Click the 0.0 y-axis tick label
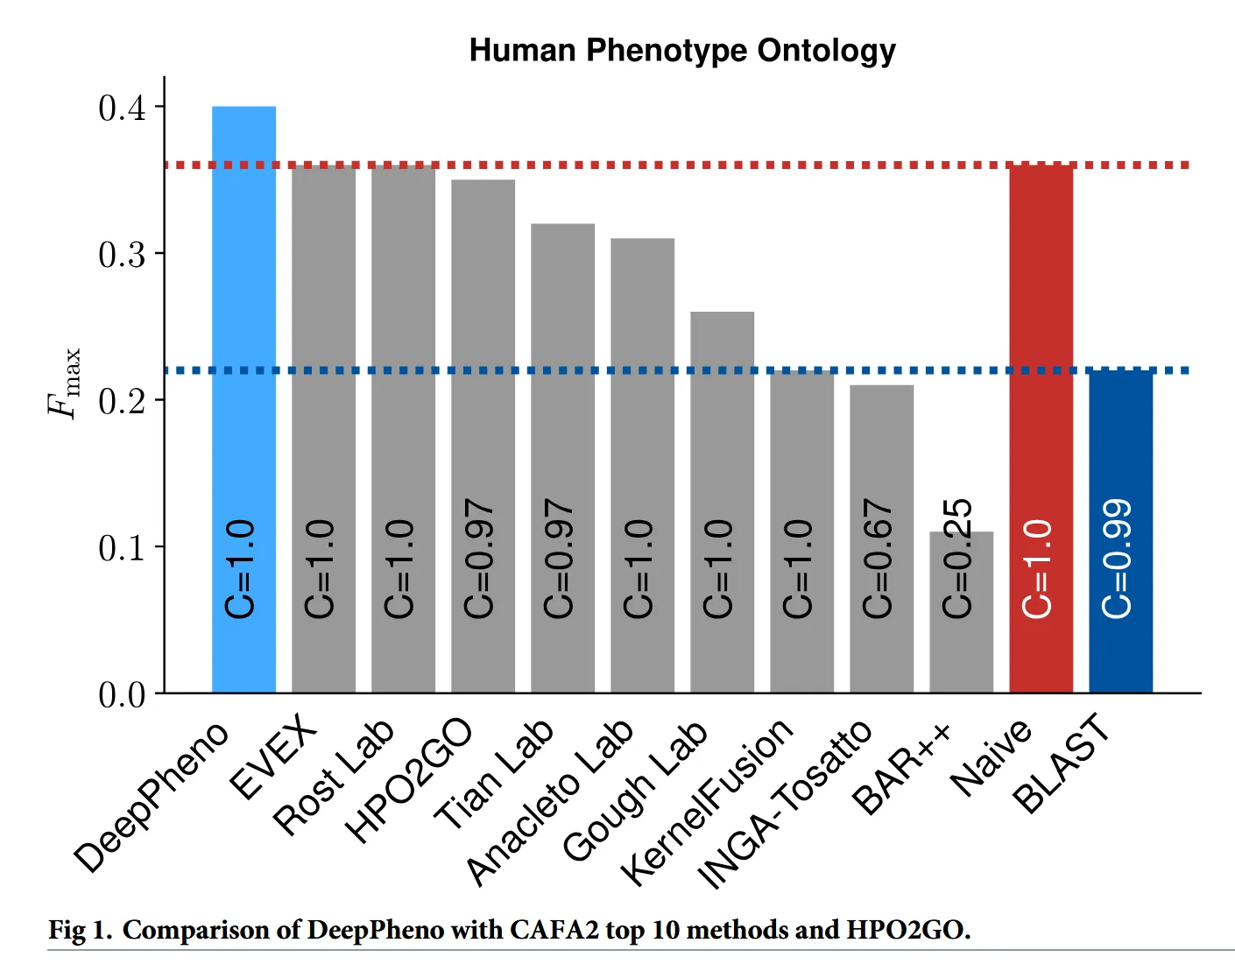pos(122,694)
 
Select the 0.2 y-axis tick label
pos(122,401)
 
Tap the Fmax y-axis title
pos(65,383)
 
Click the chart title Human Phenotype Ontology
pos(682,51)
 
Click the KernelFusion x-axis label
pos(706,800)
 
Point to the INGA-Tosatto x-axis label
pos(785,804)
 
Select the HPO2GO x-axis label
pos(408,780)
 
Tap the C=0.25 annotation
pos(957,558)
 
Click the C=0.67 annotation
pos(878,558)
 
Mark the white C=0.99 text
pos(1117,558)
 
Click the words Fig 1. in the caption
pos(80,930)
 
